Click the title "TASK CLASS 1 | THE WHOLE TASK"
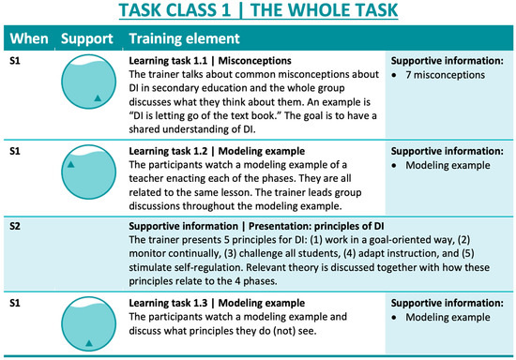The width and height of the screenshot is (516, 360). pos(258,13)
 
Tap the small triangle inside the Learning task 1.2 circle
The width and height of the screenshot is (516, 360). pos(69,166)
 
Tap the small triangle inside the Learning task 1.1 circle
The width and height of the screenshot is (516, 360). pos(97,97)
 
